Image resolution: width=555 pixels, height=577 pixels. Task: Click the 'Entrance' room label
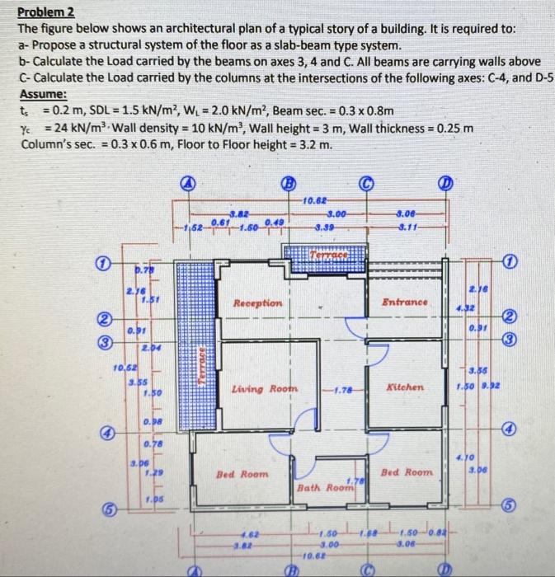pyautogui.click(x=404, y=303)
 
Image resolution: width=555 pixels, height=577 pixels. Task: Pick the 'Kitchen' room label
pyautogui.click(x=404, y=387)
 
